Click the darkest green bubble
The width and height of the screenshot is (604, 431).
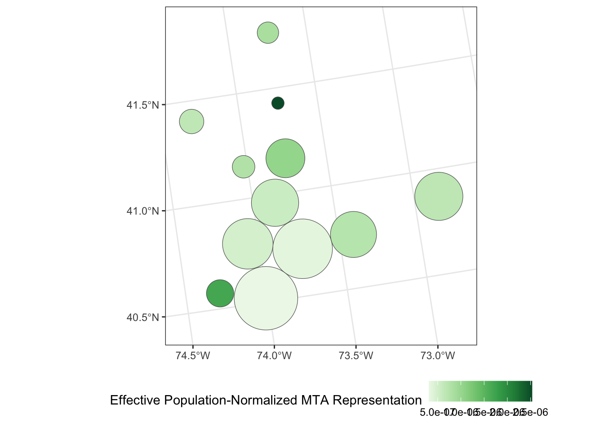point(278,103)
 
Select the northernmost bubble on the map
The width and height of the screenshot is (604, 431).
point(268,33)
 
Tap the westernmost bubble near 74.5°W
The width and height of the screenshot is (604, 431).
point(191,121)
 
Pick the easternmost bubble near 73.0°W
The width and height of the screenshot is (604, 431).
point(439,196)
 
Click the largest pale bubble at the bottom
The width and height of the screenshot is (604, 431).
point(266,298)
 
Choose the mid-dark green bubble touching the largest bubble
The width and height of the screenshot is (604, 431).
point(220,293)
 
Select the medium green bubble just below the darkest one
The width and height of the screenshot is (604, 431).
point(285,158)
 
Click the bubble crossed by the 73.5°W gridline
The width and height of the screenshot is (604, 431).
point(353,234)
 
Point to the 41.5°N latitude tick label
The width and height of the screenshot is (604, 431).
point(143,106)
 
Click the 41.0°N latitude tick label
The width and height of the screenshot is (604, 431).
point(143,211)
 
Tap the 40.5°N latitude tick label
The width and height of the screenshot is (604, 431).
point(143,317)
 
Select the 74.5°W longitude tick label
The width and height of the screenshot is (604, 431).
point(193,356)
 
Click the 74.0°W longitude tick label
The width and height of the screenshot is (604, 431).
point(275,356)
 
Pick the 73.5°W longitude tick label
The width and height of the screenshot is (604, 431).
point(356,356)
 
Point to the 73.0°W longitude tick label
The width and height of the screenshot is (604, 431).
point(438,356)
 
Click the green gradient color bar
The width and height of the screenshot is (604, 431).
point(480,391)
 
